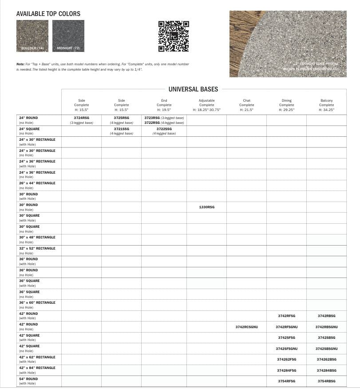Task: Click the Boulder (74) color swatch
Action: (x=33, y=36)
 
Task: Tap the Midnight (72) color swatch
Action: (x=68, y=36)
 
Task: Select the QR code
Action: (x=174, y=36)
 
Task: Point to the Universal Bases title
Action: (x=193, y=89)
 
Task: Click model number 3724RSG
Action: (x=81, y=118)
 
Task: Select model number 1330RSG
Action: (x=206, y=207)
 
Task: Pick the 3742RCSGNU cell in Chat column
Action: (x=246, y=327)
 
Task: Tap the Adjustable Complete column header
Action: (x=206, y=105)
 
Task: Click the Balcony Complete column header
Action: (x=326, y=105)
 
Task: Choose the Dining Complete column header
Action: (x=286, y=105)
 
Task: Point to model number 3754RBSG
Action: (x=326, y=381)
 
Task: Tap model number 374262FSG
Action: (x=286, y=359)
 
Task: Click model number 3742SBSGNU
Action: (x=326, y=349)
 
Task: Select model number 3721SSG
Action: (x=122, y=129)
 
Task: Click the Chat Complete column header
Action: (x=246, y=105)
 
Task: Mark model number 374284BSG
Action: (x=326, y=370)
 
